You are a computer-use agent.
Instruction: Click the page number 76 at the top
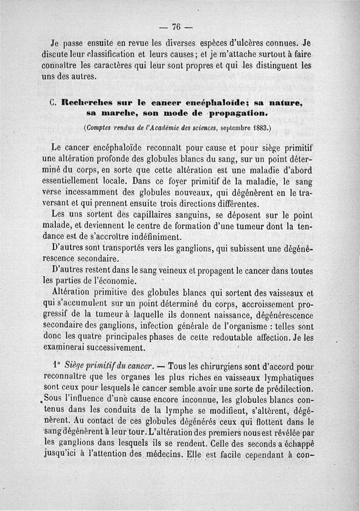pos(176,27)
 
